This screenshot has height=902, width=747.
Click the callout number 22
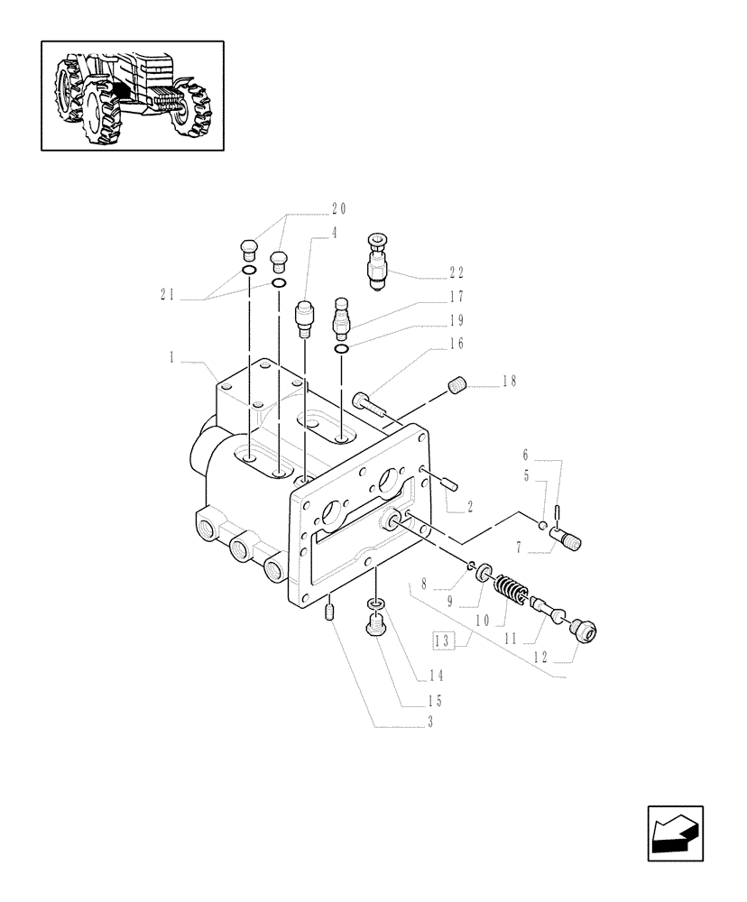456,272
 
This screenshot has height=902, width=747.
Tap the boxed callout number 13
442,642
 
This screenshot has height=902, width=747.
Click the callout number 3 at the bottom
429,722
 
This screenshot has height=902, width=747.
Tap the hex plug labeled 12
583,633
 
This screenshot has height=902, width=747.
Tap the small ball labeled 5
541,526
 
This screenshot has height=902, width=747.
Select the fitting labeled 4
305,318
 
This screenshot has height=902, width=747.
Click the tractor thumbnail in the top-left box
133,95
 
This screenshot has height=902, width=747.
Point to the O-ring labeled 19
341,349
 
